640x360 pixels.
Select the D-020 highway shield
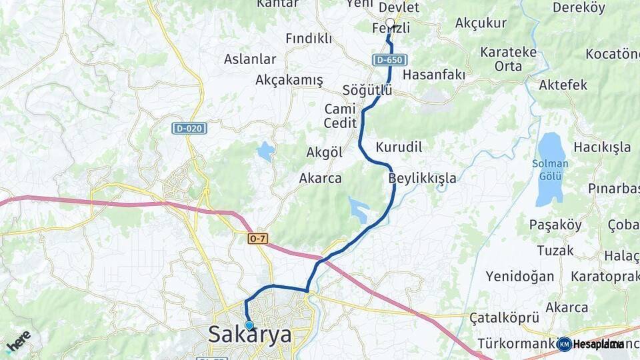(x=189, y=128)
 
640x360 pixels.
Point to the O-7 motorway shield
(x=257, y=238)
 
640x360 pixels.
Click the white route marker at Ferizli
(x=390, y=23)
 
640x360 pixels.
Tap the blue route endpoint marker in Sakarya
(x=249, y=325)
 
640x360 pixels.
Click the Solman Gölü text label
(x=550, y=170)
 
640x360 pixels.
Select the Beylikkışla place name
(x=423, y=178)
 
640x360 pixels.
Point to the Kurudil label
(x=399, y=147)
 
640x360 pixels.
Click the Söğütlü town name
(x=367, y=90)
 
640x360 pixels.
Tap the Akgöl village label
(x=324, y=153)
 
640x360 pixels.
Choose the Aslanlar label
(x=250, y=59)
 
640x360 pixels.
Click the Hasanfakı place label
(x=434, y=74)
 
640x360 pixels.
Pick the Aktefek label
(x=563, y=85)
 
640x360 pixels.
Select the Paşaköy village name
(x=555, y=225)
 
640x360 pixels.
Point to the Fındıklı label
(x=309, y=39)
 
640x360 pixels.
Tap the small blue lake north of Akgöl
(x=266, y=151)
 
